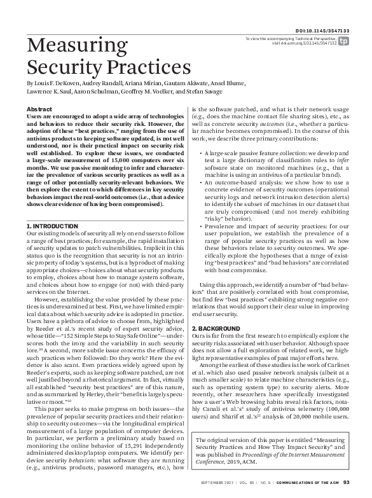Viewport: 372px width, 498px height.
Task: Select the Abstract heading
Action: click(x=39, y=109)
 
